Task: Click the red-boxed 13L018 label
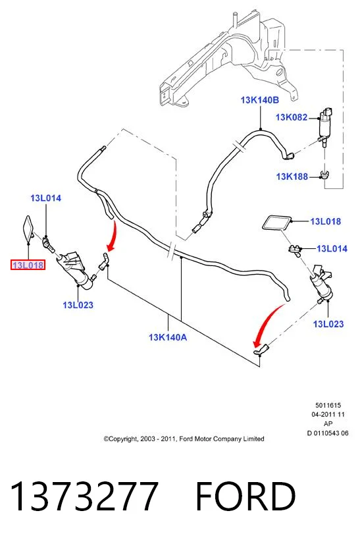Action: [x=28, y=265]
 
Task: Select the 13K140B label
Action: [x=259, y=100]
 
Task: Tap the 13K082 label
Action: [x=292, y=117]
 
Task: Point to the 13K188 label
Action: [x=292, y=176]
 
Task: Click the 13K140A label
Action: [x=168, y=337]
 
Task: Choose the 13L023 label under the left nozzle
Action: [x=78, y=305]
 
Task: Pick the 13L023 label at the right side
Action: [x=328, y=324]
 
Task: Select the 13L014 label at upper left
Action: [x=45, y=198]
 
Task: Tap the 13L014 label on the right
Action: [x=332, y=248]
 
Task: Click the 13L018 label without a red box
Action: [x=326, y=221]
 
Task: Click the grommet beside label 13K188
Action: [x=324, y=175]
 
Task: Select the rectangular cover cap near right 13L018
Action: [x=276, y=223]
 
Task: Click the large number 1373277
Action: [x=84, y=496]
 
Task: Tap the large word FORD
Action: [x=245, y=496]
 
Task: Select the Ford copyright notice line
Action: [x=184, y=439]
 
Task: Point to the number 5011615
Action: [x=328, y=405]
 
